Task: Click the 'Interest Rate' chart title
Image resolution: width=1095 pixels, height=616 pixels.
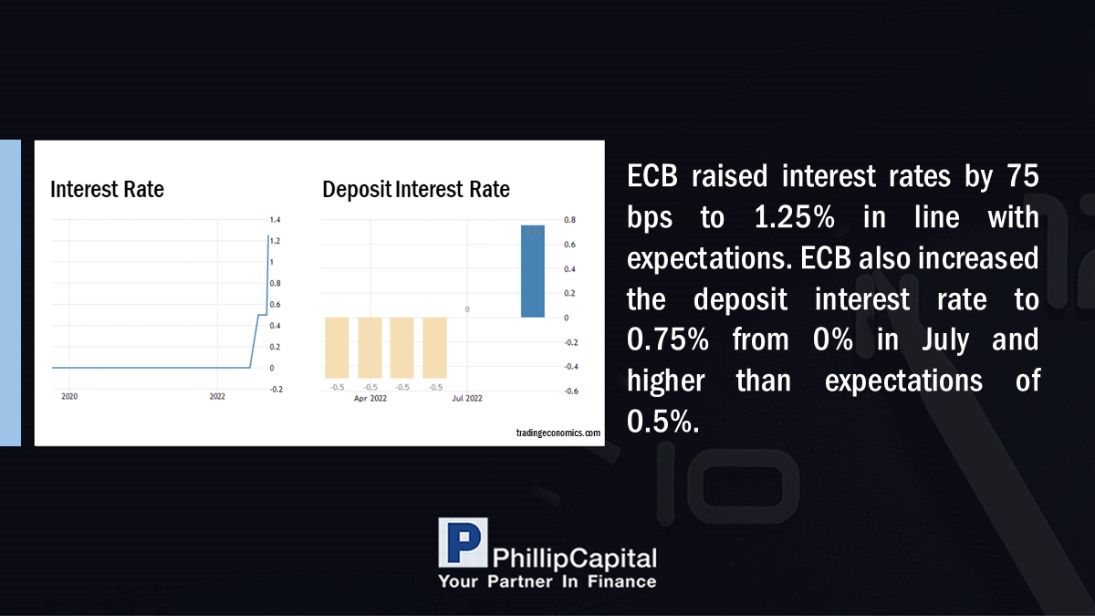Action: click(x=107, y=189)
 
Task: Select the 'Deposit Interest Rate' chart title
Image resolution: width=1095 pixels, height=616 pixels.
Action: click(x=416, y=190)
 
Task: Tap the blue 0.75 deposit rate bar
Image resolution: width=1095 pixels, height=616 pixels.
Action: click(x=532, y=271)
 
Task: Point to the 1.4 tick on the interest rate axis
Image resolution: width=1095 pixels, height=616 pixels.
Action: click(x=276, y=220)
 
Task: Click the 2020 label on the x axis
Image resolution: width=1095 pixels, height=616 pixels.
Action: click(x=69, y=396)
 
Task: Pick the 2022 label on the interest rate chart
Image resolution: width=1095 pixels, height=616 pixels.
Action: click(x=217, y=396)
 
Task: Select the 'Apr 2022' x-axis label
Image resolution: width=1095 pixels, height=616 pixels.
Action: click(x=370, y=399)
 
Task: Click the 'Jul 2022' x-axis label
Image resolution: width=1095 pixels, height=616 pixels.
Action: click(x=467, y=399)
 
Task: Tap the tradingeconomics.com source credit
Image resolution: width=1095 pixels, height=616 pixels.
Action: click(x=558, y=433)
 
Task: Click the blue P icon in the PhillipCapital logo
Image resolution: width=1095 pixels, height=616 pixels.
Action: click(x=463, y=542)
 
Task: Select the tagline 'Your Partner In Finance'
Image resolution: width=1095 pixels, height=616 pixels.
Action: click(x=547, y=582)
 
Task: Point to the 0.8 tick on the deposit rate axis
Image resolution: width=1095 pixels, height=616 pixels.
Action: click(x=570, y=220)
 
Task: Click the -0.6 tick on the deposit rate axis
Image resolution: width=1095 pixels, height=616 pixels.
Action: click(x=571, y=392)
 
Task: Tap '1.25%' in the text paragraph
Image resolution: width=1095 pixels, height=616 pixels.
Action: click(x=795, y=217)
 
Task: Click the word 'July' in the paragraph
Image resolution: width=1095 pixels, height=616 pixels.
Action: click(x=945, y=340)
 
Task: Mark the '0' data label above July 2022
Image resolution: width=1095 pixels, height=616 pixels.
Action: click(x=467, y=309)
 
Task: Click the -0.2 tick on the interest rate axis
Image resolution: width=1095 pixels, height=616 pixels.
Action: click(x=276, y=390)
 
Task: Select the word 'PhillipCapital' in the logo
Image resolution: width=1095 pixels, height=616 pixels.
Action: click(x=575, y=559)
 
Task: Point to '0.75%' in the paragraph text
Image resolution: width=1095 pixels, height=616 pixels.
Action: click(x=668, y=339)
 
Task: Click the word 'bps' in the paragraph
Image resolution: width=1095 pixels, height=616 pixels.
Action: click(x=650, y=218)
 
